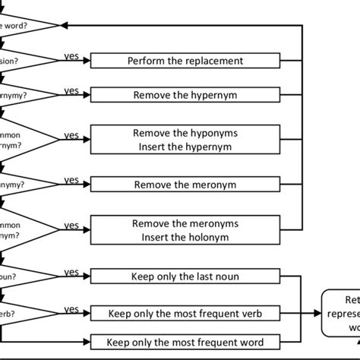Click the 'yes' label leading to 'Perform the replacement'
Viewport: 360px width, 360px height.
[x=71, y=55]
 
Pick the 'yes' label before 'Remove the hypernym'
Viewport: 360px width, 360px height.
[x=71, y=91]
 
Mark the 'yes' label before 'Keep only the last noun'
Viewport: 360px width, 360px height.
[x=71, y=272]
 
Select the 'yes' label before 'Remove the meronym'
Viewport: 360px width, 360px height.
[x=71, y=180]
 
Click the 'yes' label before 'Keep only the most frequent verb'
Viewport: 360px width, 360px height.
[x=71, y=308]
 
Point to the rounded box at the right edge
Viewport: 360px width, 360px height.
[x=342, y=312]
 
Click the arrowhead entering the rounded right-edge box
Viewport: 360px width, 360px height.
[x=317, y=312]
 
